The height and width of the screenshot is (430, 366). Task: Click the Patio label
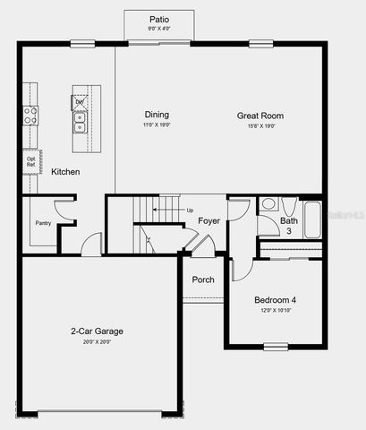coord(158,19)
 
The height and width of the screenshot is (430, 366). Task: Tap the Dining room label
coord(157,115)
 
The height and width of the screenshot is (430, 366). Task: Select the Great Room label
coord(260,115)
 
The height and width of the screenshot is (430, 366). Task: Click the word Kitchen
coord(65,171)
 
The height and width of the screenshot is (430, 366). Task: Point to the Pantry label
coord(43,222)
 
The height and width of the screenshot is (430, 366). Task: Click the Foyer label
coord(209,220)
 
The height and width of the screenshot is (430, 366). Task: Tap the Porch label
coord(203,279)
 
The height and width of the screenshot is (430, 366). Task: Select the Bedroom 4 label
coord(275,299)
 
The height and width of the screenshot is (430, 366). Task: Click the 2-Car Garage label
coord(97,331)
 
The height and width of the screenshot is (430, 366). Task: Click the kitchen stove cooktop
coord(30,115)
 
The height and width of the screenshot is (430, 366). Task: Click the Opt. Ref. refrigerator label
coord(31,161)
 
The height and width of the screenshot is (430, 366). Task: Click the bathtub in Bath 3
coord(311,219)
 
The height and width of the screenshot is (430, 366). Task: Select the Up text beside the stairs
coord(189,211)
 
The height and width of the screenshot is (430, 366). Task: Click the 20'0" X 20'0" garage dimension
coord(97,341)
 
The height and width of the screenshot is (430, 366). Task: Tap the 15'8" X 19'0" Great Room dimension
coord(260,125)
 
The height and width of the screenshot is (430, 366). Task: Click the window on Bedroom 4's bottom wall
coord(275,346)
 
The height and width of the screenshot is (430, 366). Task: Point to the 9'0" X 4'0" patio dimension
coord(158,29)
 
